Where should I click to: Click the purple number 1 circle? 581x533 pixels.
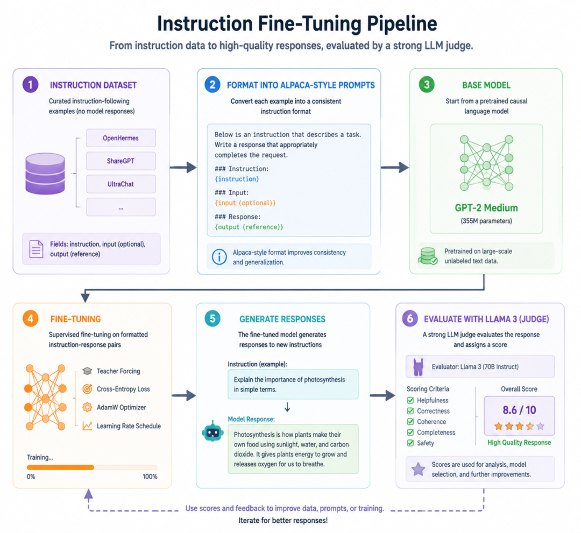click(x=30, y=84)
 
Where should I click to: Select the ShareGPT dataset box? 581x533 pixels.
click(x=121, y=161)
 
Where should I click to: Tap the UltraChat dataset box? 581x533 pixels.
click(x=121, y=184)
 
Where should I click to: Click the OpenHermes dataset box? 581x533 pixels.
click(x=121, y=138)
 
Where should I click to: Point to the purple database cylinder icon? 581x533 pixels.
click(x=45, y=174)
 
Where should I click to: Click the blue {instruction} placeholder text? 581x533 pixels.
click(x=237, y=179)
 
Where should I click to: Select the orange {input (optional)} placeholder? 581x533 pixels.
click(x=245, y=203)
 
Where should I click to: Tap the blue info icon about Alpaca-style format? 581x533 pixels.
click(x=219, y=257)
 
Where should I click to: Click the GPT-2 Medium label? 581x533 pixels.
click(x=486, y=208)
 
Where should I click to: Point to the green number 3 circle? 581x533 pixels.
click(x=427, y=84)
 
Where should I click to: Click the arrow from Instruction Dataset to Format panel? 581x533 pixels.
click(x=183, y=167)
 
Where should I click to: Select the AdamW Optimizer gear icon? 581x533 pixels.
click(x=87, y=407)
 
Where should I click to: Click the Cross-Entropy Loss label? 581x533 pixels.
click(x=123, y=389)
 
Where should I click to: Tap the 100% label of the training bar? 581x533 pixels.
click(x=150, y=477)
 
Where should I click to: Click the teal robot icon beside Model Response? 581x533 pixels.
click(x=212, y=431)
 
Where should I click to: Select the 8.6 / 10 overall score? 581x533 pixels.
click(x=519, y=410)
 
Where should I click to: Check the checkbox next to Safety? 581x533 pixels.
click(x=410, y=443)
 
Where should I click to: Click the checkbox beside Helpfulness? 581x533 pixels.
click(x=410, y=400)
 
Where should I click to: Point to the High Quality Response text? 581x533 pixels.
click(x=519, y=443)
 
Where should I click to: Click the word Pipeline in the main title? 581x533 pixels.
click(x=402, y=24)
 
